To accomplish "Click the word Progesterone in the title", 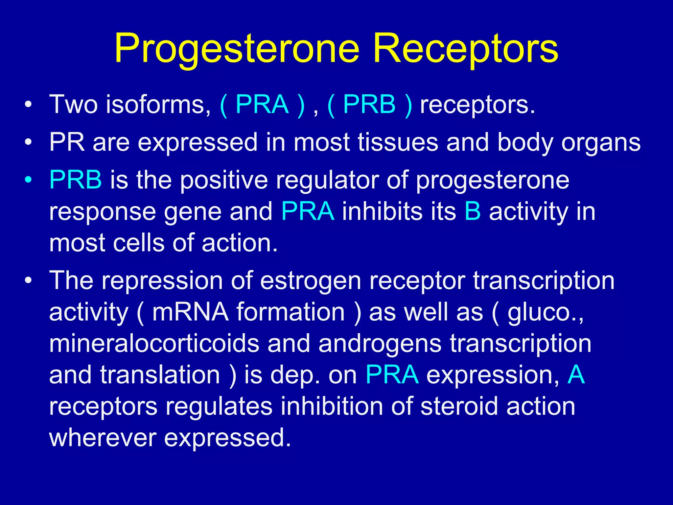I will (237, 49).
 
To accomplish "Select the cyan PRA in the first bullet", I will (262, 105).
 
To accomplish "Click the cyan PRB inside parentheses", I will (369, 105).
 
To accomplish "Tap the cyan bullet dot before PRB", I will (29, 180).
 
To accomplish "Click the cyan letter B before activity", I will (473, 211).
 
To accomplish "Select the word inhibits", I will (382, 211).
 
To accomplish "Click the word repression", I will (162, 281).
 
